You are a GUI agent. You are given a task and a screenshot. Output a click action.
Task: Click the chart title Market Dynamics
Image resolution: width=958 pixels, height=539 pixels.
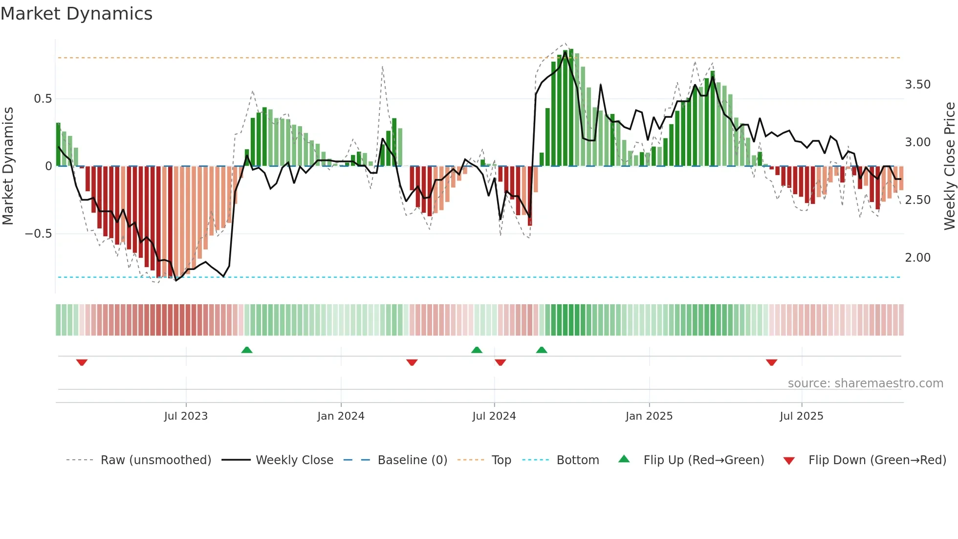click(77, 14)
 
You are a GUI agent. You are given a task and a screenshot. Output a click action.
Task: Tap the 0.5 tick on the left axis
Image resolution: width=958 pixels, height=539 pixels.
click(43, 99)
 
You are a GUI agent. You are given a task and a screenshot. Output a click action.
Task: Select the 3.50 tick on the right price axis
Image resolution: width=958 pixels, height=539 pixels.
click(918, 85)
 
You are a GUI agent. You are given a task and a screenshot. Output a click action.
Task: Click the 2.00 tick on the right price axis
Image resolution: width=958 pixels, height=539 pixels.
click(918, 258)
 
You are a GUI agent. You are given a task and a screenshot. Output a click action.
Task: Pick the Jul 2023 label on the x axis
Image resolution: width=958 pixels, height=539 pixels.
click(186, 416)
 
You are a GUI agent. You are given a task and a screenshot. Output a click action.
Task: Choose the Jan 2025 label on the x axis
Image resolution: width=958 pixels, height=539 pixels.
click(649, 416)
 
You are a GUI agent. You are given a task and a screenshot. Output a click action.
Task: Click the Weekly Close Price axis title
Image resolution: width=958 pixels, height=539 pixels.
click(949, 166)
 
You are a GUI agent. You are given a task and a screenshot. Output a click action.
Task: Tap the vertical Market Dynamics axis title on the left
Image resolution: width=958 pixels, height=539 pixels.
click(8, 166)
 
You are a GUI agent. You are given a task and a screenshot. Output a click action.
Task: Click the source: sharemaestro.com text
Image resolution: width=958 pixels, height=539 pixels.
click(865, 383)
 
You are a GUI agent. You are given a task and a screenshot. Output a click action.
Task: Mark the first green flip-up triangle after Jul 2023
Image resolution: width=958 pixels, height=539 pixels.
click(247, 350)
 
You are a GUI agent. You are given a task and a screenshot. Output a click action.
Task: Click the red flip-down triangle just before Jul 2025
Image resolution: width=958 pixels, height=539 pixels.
click(771, 362)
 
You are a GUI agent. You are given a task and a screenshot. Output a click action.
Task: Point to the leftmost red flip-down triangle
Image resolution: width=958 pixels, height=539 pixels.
click(82, 362)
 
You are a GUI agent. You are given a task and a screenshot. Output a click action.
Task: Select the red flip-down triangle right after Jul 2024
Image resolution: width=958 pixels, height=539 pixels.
click(500, 362)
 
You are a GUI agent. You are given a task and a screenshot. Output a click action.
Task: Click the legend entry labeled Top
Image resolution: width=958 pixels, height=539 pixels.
click(501, 460)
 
